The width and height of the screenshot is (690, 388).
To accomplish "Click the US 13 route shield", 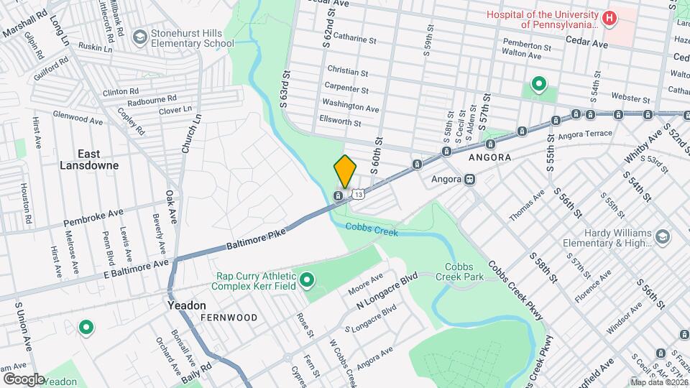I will pos(358,193).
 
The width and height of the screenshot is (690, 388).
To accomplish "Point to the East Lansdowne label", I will pos(98,159).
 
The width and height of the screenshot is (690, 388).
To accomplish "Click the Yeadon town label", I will pos(187,305).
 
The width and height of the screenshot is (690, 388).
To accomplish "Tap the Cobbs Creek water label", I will pos(371,230).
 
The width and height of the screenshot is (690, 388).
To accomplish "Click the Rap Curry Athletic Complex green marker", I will pos(307,279).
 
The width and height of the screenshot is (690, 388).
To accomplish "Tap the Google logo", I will pos(23,379).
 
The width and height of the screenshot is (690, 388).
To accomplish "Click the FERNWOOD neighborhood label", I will pos(229,317).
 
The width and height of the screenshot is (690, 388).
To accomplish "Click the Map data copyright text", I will pos(658,382).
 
